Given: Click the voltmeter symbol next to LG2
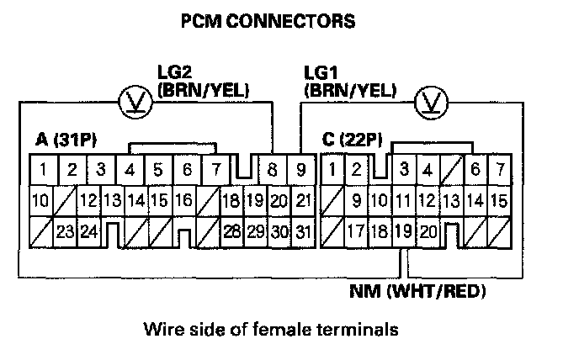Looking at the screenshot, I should pyautogui.click(x=133, y=103).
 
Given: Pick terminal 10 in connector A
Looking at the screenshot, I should pyautogui.click(x=39, y=202).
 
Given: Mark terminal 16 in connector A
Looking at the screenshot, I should pyautogui.click(x=185, y=202).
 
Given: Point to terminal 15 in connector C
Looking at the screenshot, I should pyautogui.click(x=498, y=202).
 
